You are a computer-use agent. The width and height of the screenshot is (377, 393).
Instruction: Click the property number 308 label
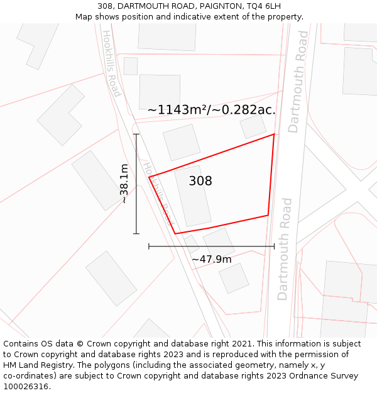pyautogui.click(x=200, y=181)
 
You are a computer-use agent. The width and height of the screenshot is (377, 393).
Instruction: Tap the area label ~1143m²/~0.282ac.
pyautogui.click(x=212, y=110)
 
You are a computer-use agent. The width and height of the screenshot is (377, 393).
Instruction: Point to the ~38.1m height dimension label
pyautogui.click(x=124, y=184)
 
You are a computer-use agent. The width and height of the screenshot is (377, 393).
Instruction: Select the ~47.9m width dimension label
pyautogui.click(x=212, y=259)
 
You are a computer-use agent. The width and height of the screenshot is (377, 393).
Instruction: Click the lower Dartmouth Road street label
pyautogui.click(x=285, y=249)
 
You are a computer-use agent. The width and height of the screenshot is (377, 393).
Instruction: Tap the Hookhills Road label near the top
pyautogui.click(x=112, y=64)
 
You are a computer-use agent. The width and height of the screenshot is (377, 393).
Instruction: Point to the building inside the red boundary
pyautogui.click(x=193, y=196)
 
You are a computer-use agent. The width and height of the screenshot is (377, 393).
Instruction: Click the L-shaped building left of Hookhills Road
pyautogui.click(x=60, y=115)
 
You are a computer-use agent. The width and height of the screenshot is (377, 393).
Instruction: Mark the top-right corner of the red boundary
pyautogui.click(x=274, y=134)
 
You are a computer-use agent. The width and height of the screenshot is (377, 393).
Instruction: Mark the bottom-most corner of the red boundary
pyautogui.click(x=175, y=234)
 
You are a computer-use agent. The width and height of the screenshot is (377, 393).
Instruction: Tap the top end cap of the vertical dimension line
pyautogui.click(x=136, y=134)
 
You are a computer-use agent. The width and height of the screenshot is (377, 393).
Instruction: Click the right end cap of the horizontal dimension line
pyautogui.click(x=274, y=246)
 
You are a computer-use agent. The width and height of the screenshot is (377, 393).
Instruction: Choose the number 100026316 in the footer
pyautogui.click(x=25, y=386)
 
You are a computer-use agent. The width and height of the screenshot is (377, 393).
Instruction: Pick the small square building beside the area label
pyautogui.click(x=253, y=126)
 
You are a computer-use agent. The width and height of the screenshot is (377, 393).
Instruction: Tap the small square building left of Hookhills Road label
pyautogui.click(x=131, y=66)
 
